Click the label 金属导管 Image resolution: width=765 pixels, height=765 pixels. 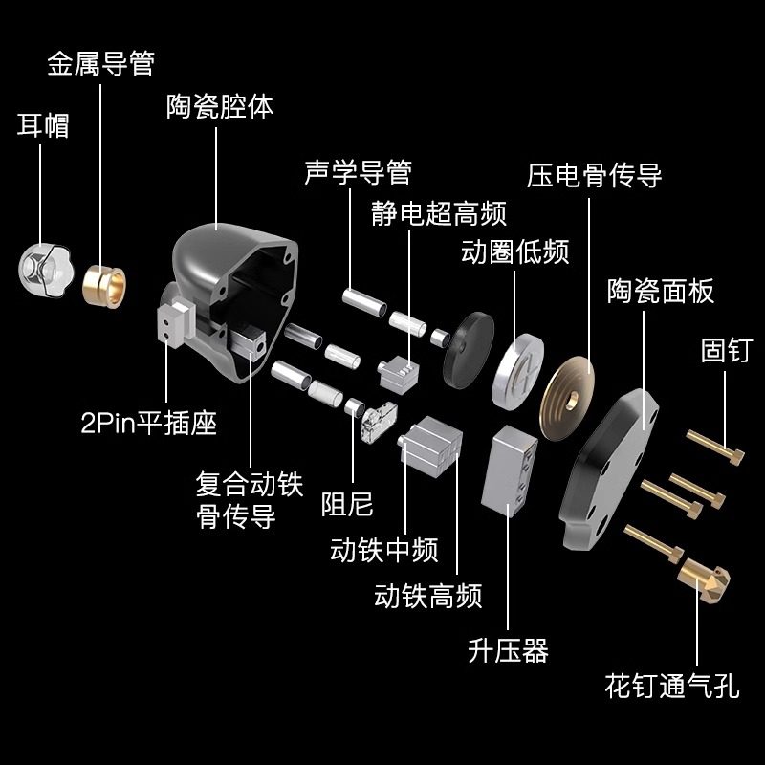click(100, 65)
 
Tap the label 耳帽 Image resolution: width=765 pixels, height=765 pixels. click(43, 125)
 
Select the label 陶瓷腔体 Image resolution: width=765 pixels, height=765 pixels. click(220, 106)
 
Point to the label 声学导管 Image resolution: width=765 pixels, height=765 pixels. click(358, 172)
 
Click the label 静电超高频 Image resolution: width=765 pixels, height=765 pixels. click(439, 212)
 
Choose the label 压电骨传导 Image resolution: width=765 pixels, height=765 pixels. click(594, 176)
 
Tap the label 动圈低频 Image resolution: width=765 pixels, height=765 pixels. click(514, 252)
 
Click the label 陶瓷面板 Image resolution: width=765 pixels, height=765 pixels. click(661, 291)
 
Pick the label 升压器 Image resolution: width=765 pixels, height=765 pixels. click(508, 651)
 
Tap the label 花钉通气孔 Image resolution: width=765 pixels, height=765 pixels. click(671, 686)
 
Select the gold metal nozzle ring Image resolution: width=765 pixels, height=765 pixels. click(104, 283)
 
